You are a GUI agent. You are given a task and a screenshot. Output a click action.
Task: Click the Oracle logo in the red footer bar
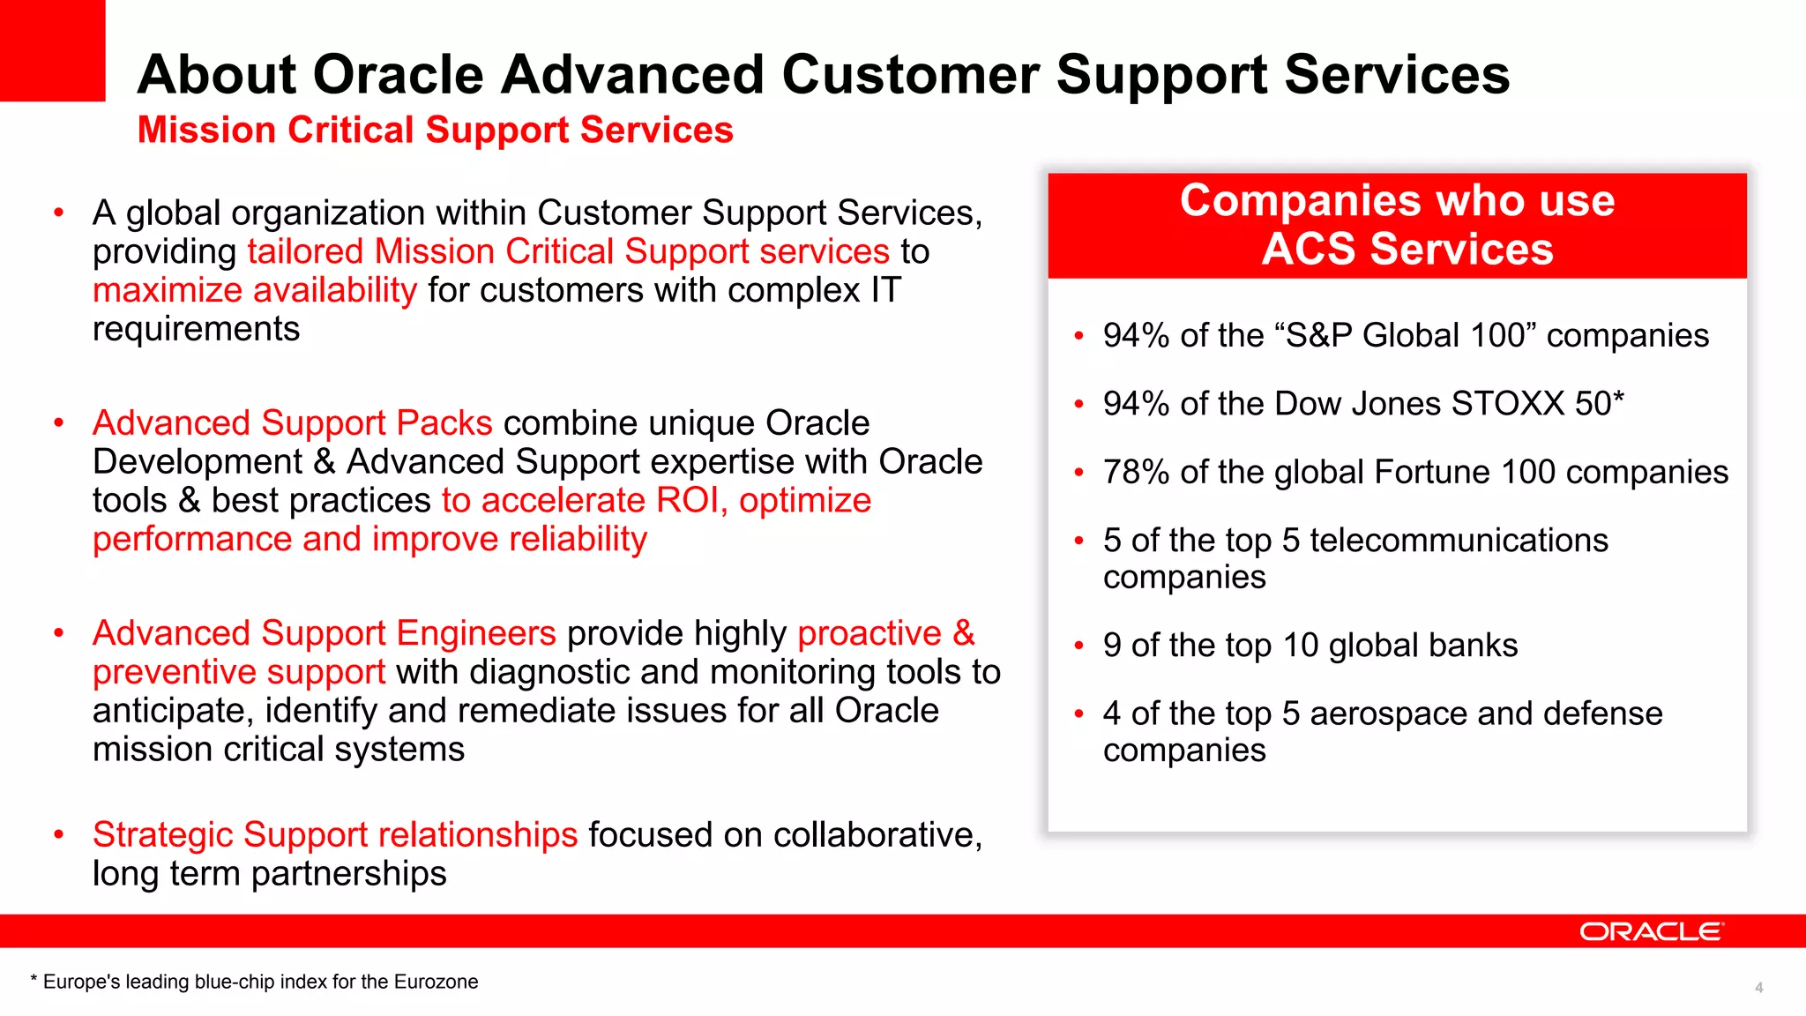(1650, 931)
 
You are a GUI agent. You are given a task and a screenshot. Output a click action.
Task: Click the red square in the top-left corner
(52, 50)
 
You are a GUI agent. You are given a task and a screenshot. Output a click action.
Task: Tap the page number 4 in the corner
(1758, 988)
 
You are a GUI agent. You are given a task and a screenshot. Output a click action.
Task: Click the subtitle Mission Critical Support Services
(435, 130)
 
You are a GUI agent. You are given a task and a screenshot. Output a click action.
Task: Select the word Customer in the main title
(910, 74)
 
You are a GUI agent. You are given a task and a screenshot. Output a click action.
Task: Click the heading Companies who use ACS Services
(1397, 225)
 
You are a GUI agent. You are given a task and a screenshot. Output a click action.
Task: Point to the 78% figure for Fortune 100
(1136, 472)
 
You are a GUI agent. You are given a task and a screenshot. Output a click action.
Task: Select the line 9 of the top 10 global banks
(1310, 645)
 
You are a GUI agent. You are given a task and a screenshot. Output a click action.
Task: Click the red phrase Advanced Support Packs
(292, 422)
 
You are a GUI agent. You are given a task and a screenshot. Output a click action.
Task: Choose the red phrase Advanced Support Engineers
(324, 633)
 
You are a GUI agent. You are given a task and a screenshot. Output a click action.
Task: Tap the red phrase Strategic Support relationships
(334, 834)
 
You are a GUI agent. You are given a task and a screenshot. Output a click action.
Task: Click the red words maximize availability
(254, 290)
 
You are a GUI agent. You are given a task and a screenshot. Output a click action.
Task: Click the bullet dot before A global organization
(59, 213)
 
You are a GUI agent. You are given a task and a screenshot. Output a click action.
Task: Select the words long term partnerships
(269, 874)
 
